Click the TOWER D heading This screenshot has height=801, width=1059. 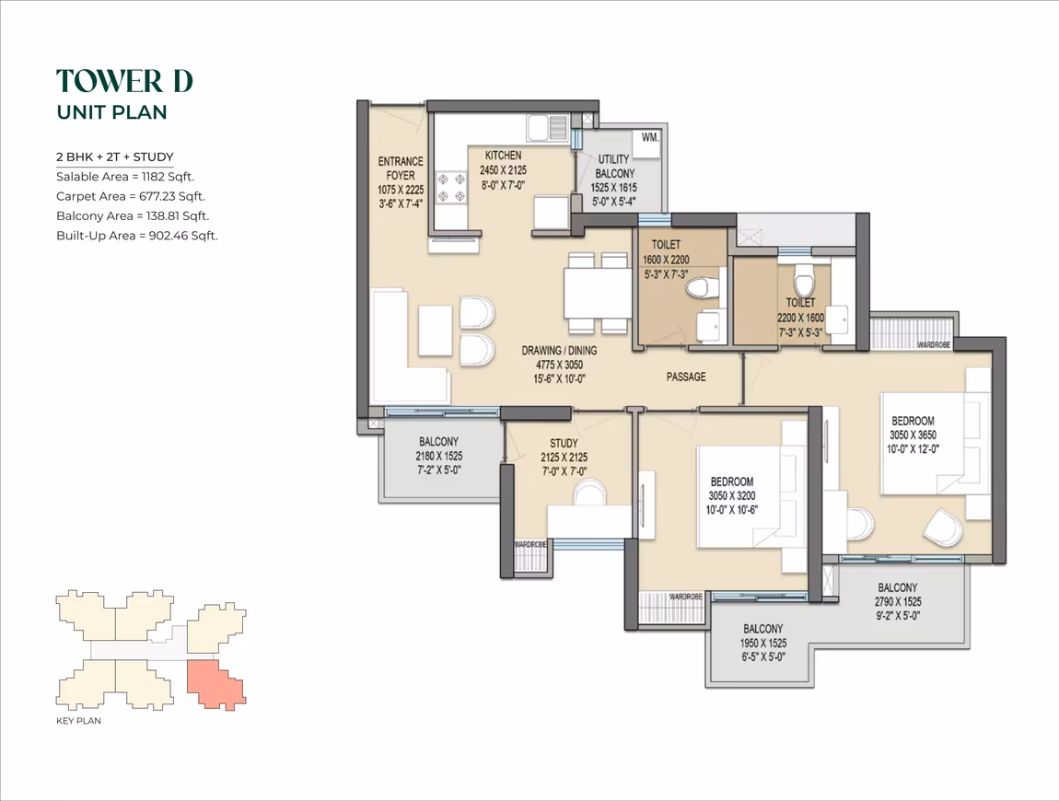pyautogui.click(x=125, y=81)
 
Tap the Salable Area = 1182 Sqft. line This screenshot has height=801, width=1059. pyautogui.click(x=125, y=177)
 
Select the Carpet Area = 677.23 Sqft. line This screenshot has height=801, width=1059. pyautogui.click(x=131, y=196)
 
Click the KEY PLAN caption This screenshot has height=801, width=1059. pyautogui.click(x=78, y=721)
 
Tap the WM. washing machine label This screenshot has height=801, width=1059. pyautogui.click(x=650, y=138)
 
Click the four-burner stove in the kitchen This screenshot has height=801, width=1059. pyautogui.click(x=452, y=188)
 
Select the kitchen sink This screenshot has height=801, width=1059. pyautogui.click(x=548, y=127)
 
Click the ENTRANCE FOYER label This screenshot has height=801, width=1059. pyautogui.click(x=401, y=168)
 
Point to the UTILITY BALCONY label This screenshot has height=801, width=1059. pyautogui.click(x=614, y=166)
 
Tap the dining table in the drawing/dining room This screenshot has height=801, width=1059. pyautogui.click(x=597, y=294)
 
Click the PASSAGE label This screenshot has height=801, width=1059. pyautogui.click(x=686, y=377)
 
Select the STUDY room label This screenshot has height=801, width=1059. pyautogui.click(x=564, y=443)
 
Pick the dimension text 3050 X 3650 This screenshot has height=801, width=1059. pyautogui.click(x=914, y=435)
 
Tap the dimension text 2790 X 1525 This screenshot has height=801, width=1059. pyautogui.click(x=898, y=602)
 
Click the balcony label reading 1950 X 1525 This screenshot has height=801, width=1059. pyautogui.click(x=763, y=643)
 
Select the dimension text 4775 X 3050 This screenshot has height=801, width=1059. pyautogui.click(x=559, y=365)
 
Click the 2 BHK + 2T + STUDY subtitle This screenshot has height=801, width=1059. pyautogui.click(x=115, y=157)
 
